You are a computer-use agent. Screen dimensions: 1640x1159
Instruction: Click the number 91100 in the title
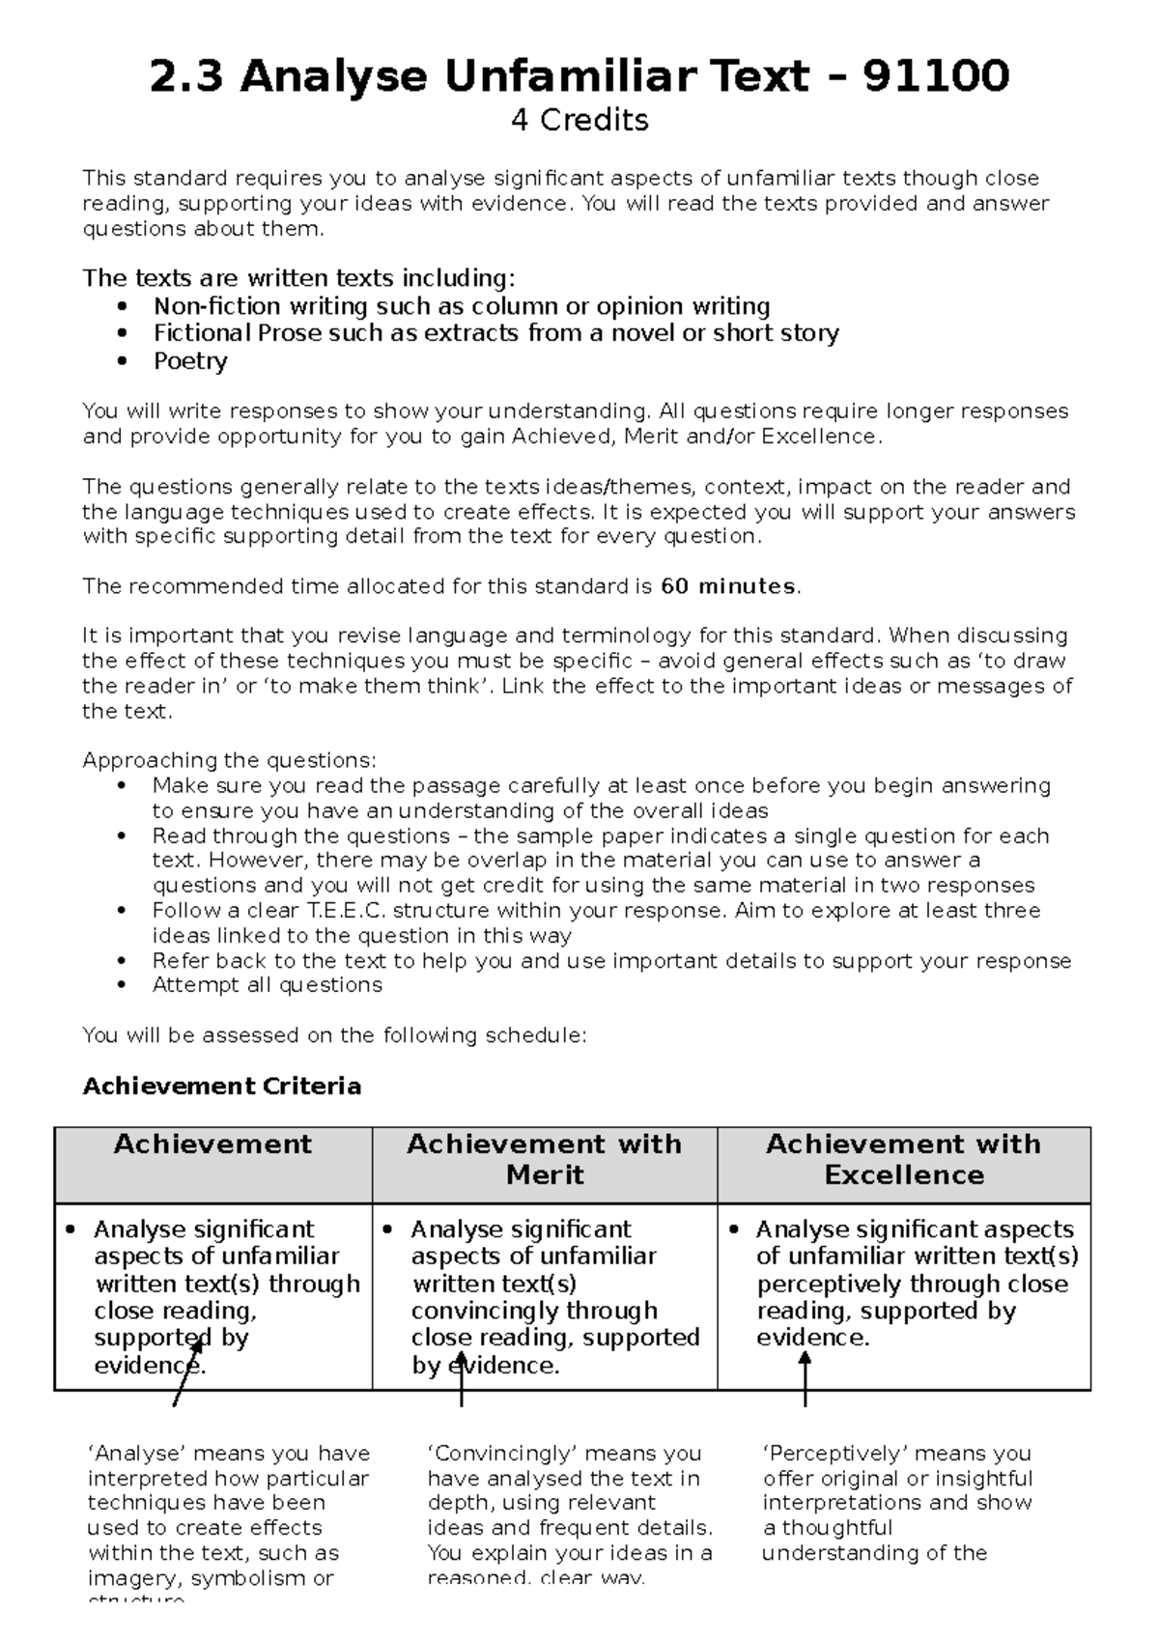(936, 75)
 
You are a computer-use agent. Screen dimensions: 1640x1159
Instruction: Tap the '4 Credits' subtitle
(579, 121)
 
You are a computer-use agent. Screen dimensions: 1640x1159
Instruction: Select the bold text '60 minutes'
(728, 586)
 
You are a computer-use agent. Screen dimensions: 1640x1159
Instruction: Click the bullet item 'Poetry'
(190, 361)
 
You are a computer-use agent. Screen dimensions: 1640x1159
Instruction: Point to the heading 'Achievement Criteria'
(222, 1087)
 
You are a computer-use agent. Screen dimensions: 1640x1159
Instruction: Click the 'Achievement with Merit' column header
(544, 1159)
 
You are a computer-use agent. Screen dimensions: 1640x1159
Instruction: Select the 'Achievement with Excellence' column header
(903, 1159)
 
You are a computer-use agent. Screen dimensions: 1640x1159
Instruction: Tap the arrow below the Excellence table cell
(805, 1379)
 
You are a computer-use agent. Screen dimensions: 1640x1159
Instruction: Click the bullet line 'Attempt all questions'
(267, 985)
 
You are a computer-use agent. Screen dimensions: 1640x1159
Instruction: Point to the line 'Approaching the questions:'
(229, 760)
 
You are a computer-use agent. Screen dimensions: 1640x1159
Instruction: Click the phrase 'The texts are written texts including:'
(298, 278)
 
